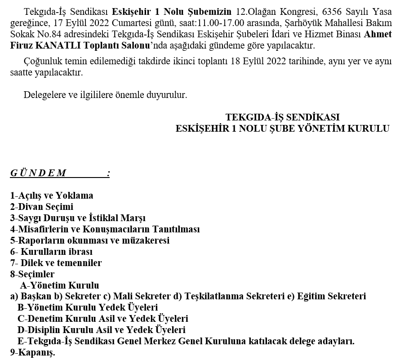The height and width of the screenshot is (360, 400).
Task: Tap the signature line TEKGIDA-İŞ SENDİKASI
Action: tap(282, 117)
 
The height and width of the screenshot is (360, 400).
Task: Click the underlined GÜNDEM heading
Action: tap(39, 173)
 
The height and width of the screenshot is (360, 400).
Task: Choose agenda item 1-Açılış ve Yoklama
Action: tap(52, 196)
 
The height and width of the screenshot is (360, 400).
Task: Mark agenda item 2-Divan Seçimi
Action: tap(42, 207)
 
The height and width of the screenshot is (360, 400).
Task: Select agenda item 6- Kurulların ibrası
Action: tap(51, 252)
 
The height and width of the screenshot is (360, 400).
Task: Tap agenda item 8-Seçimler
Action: tap(32, 274)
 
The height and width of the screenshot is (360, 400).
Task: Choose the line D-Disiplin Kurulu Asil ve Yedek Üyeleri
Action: tap(102, 330)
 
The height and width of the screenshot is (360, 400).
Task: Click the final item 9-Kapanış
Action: tap(32, 353)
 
